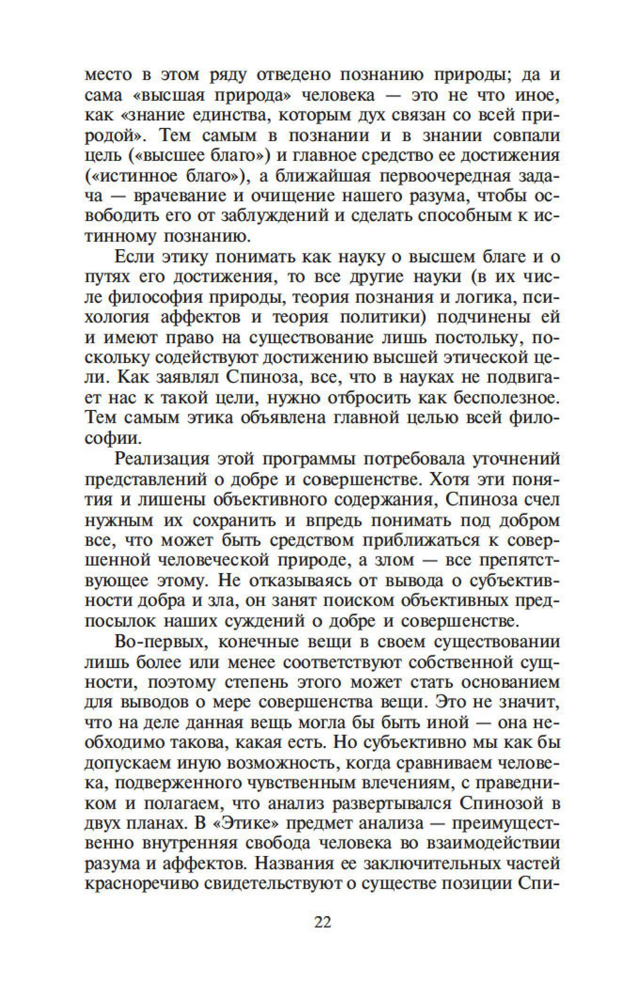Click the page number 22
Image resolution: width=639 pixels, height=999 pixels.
[322, 922]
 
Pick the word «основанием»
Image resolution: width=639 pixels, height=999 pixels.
[504, 681]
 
